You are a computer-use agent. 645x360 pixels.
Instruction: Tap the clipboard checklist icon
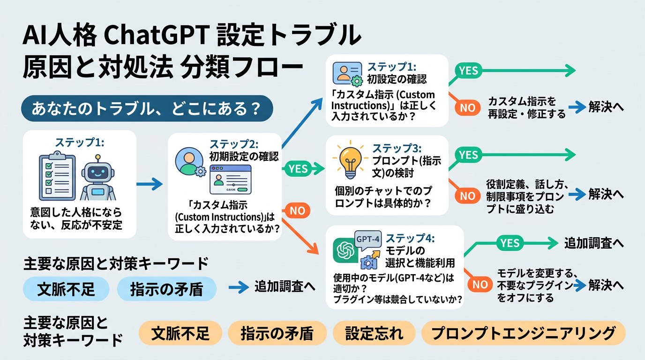coord(56,176)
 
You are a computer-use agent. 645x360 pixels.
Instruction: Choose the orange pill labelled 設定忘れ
coord(374,333)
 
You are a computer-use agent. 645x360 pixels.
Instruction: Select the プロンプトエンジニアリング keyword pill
coord(523,333)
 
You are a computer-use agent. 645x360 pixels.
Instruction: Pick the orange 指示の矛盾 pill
coord(277,333)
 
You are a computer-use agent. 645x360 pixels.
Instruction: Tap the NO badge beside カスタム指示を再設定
coord(467,107)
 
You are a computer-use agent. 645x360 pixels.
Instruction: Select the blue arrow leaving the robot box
coord(149,184)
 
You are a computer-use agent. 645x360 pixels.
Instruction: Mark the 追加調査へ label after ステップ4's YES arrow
coord(593,243)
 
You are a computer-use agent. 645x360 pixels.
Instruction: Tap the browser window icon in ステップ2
coord(229,182)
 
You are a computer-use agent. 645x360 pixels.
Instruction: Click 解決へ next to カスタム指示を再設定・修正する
coord(607,107)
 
